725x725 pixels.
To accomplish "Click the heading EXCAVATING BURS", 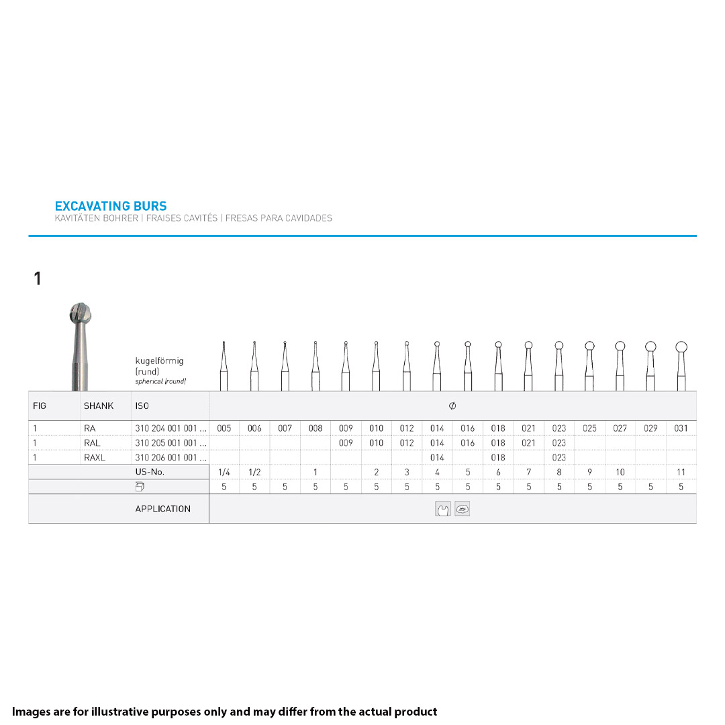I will click(x=111, y=206).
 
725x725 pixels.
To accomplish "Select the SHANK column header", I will click(x=99, y=406).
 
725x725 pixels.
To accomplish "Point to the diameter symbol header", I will click(x=452, y=406).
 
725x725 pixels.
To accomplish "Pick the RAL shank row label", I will click(x=92, y=443).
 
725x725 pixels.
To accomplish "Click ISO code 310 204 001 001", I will click(x=171, y=428).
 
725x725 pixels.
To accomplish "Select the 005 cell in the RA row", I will click(x=224, y=428).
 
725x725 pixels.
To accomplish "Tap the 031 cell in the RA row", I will click(x=681, y=428).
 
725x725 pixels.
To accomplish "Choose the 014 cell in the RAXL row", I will click(x=437, y=458).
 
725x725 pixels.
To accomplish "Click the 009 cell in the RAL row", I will click(x=346, y=443).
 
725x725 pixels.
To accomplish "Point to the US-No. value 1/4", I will click(x=224, y=473).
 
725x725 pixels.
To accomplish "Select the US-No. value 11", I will click(x=681, y=473).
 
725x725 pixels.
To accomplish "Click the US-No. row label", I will click(x=150, y=472).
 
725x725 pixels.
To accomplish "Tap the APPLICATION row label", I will click(x=162, y=509).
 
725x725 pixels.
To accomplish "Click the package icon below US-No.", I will click(x=140, y=487).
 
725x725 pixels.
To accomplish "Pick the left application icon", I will click(x=442, y=510).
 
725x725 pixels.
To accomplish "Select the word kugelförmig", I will click(x=159, y=361).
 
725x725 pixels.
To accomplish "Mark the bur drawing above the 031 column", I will click(x=681, y=366).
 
